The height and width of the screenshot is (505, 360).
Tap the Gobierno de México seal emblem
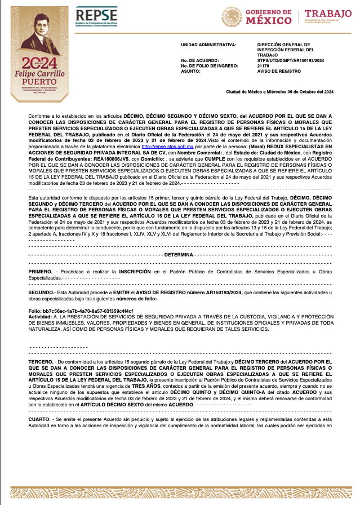(232, 17)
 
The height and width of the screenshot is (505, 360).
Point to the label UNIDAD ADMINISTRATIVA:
(209, 44)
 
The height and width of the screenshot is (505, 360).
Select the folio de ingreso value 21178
(263, 66)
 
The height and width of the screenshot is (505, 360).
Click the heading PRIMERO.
(41, 272)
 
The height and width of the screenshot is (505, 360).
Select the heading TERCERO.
(41, 360)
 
